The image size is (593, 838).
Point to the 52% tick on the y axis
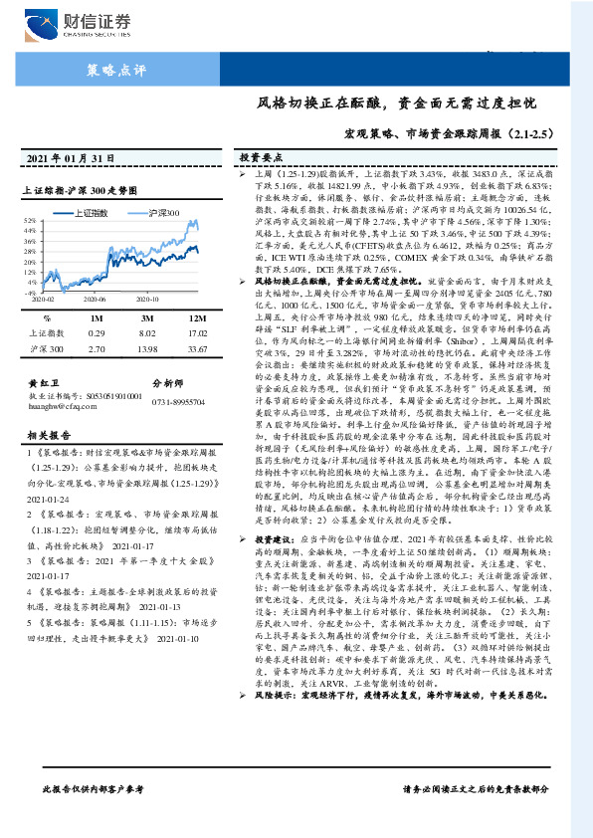point(32,221)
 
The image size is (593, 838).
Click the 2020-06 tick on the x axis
point(95,299)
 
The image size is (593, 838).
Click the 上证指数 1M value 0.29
point(97,333)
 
